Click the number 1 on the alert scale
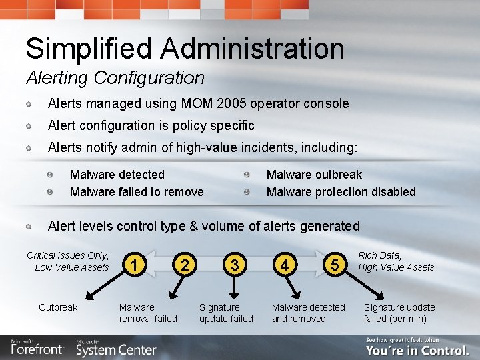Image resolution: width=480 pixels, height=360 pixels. (135, 265)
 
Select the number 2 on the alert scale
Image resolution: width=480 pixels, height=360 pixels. (185, 265)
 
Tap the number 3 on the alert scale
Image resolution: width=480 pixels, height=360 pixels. (234, 265)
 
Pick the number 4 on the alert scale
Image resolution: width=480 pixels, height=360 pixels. (285, 265)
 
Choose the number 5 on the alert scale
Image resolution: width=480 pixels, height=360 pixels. (335, 265)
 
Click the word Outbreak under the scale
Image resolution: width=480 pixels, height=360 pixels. (58, 307)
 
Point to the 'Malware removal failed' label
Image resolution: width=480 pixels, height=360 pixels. (147, 313)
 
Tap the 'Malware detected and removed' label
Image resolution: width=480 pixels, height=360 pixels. (308, 313)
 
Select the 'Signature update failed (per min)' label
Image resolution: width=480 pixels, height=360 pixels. (399, 313)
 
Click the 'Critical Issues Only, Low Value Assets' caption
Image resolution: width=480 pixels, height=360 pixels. (68, 261)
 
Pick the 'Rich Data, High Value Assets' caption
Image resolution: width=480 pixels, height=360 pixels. (396, 261)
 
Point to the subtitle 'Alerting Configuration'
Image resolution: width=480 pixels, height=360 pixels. (115, 78)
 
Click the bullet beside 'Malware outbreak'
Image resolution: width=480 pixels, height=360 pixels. (247, 175)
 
